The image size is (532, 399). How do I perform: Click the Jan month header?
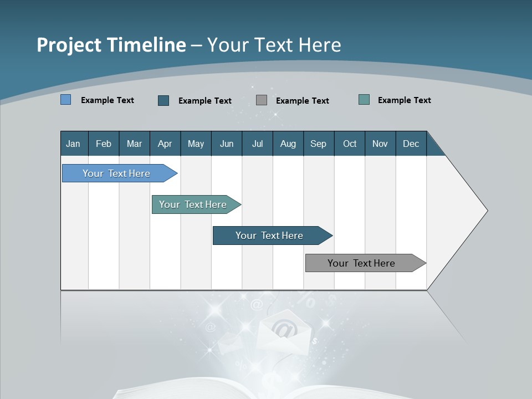click(73, 144)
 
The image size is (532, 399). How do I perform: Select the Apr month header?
click(165, 144)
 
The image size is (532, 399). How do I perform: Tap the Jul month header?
click(257, 144)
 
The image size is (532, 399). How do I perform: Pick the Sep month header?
click(318, 144)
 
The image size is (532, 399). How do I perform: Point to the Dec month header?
click(411, 144)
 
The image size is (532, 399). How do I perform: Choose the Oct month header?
click(350, 144)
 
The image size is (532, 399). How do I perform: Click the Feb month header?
click(104, 144)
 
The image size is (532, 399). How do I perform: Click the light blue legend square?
click(66, 100)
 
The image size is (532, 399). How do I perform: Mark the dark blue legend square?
click(163, 100)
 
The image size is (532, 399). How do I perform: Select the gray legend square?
click(262, 100)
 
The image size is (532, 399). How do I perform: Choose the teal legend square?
click(364, 100)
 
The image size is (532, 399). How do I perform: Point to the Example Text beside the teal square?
click(404, 100)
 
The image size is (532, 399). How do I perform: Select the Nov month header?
click(380, 144)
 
